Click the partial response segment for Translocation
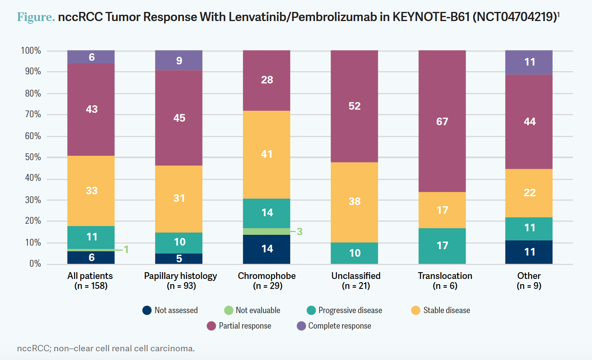point(442,121)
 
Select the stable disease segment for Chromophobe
point(267,154)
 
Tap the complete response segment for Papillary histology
point(179,60)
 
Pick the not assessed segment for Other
point(529,252)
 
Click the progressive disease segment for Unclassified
point(354,253)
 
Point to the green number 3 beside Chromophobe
point(300,232)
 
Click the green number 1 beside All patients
point(126,250)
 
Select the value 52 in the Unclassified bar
point(354,106)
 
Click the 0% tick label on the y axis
point(35,264)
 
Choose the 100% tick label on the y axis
point(31,50)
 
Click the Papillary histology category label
point(180,276)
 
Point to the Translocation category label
point(445,276)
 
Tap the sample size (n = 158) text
point(91,286)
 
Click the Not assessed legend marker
point(147,310)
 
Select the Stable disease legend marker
point(416,310)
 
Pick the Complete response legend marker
point(301,326)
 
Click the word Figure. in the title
point(36,17)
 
